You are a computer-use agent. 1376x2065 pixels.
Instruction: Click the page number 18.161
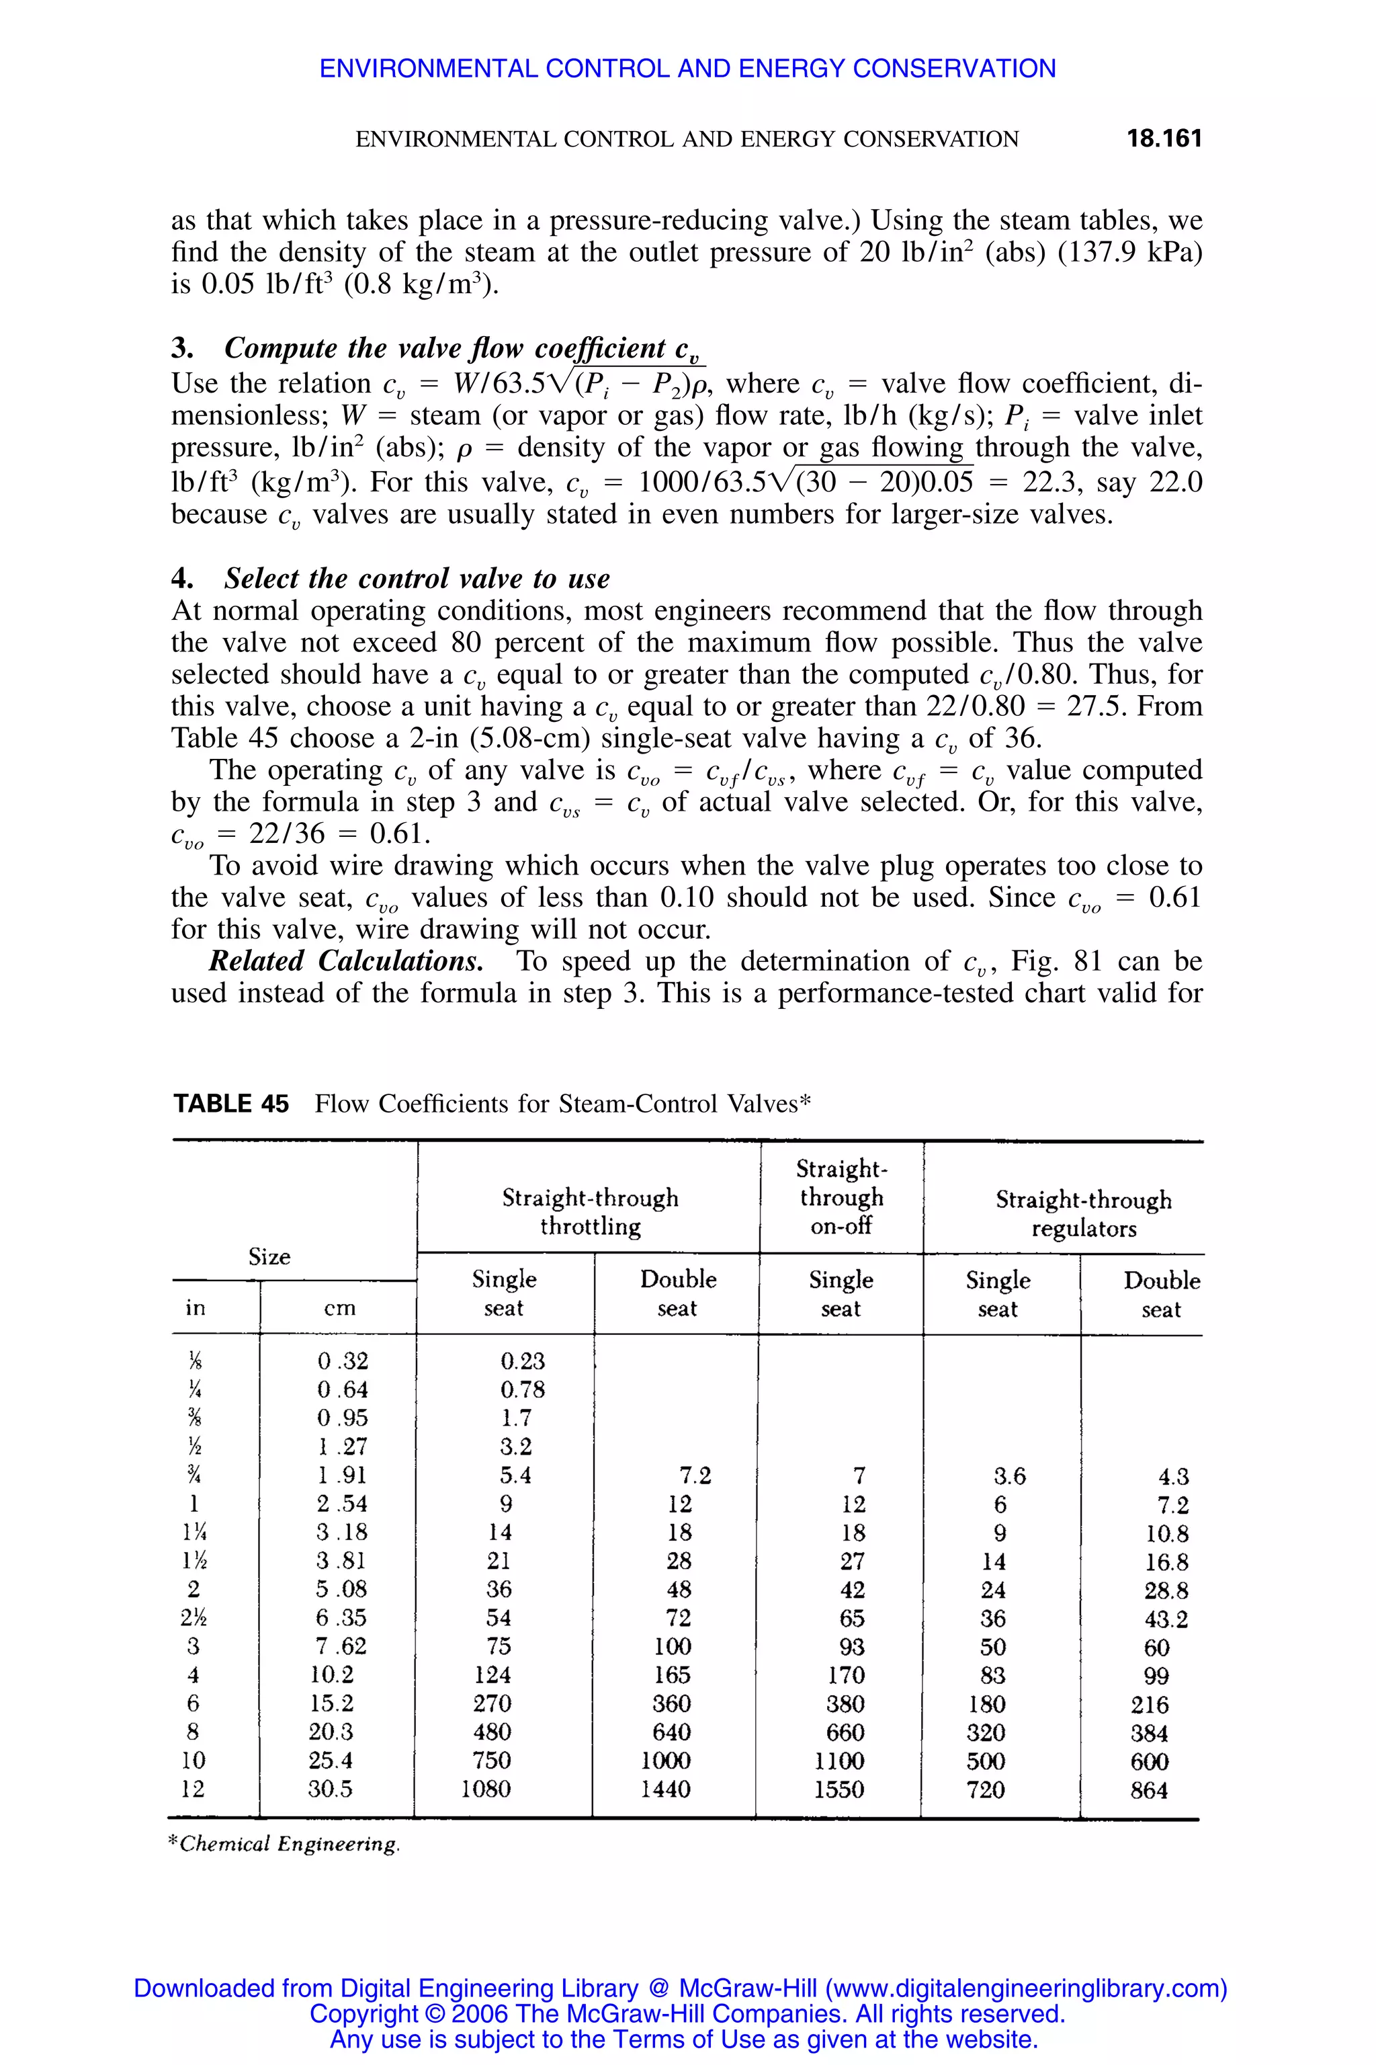coord(1164,138)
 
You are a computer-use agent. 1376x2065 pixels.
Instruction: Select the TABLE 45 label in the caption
coord(231,1104)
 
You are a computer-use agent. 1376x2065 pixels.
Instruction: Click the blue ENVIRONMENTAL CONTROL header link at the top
coord(687,69)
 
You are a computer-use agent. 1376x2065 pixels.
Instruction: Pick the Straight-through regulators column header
coord(1083,1213)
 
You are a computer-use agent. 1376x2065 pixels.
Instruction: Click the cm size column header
coord(339,1308)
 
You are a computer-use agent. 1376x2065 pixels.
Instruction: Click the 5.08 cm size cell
coord(342,1589)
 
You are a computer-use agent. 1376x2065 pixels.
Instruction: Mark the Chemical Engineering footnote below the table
coord(284,1844)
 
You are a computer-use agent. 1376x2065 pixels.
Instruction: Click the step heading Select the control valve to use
coord(416,579)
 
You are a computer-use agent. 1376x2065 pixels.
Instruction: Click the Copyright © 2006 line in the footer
coord(687,2013)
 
